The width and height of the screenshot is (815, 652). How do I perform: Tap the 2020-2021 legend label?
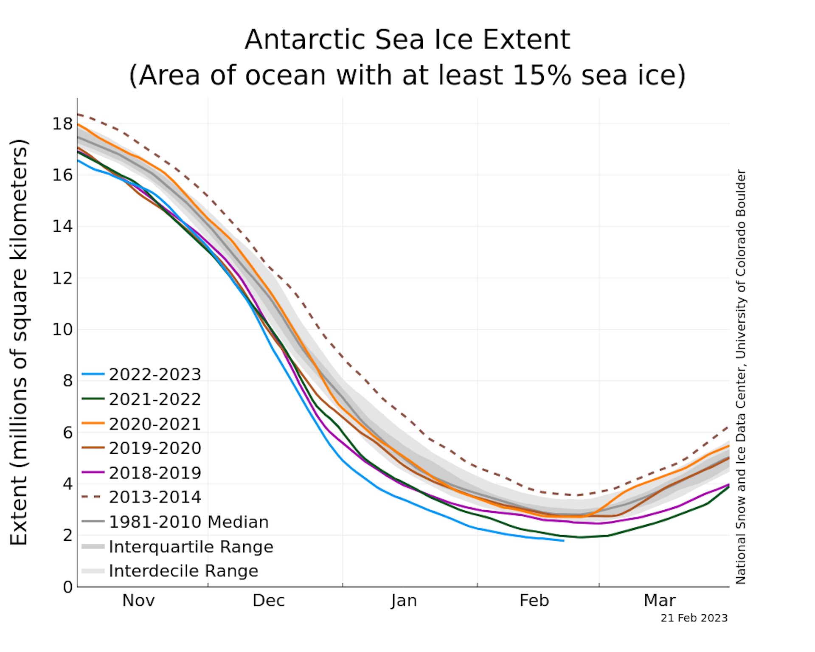155,424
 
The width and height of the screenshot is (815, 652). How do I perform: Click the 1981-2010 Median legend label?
188,522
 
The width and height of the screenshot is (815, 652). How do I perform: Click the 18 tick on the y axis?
62,124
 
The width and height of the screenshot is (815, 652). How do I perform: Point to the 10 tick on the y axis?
62,329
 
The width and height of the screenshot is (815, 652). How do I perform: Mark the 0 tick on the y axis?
68,587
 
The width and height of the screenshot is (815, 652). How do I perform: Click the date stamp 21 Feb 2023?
694,618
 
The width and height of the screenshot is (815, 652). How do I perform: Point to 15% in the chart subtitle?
542,76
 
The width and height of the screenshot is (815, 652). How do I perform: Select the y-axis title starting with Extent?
19,342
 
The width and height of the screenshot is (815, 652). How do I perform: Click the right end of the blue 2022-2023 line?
563,541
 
